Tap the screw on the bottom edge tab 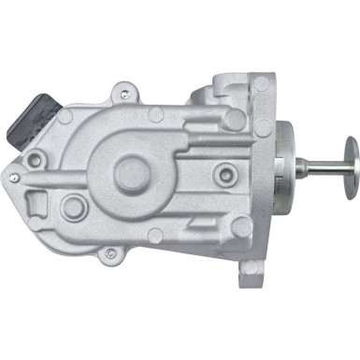[x=110, y=252]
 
